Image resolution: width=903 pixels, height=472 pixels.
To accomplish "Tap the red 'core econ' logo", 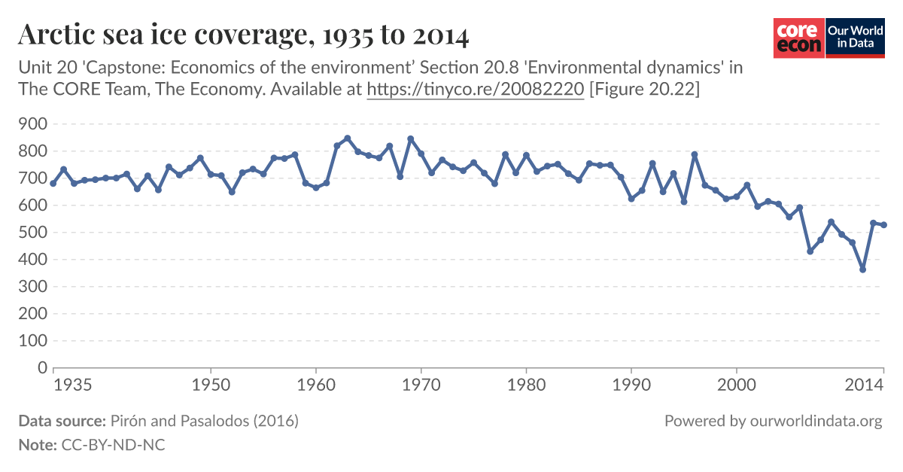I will point(798,38).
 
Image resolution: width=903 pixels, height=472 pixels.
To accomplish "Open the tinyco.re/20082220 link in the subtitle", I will point(475,90).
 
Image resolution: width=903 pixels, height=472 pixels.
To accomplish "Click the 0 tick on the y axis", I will point(43,368).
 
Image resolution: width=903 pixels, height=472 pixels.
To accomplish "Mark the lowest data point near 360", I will point(862,269).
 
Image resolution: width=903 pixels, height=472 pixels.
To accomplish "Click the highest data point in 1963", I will point(347,139).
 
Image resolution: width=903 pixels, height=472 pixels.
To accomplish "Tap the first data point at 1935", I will point(53,184).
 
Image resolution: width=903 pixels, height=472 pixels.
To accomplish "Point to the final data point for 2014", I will point(884,225).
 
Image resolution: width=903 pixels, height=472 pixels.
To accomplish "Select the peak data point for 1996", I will point(695,154).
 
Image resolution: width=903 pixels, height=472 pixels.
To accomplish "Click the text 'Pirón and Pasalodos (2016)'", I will point(205,421).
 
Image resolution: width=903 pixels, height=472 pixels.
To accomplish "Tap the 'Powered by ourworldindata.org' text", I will point(773,421).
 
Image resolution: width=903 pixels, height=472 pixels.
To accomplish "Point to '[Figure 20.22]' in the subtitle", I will point(645,90).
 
